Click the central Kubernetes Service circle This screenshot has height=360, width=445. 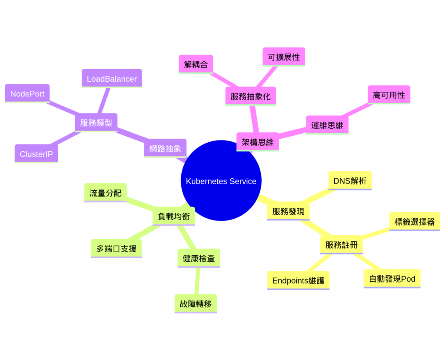click(x=221, y=180)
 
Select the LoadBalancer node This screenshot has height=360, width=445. click(x=112, y=79)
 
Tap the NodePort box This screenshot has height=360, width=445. click(x=27, y=93)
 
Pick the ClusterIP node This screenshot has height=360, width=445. click(x=36, y=154)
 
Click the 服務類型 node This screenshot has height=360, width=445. click(x=96, y=123)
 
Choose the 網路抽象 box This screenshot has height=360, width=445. click(x=165, y=148)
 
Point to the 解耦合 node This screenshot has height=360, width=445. click(x=196, y=64)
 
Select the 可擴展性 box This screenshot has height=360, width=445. click(x=284, y=57)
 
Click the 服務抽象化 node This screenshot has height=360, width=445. click(x=250, y=97)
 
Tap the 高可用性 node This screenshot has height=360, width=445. click(x=389, y=95)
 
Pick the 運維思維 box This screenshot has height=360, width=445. click(x=327, y=125)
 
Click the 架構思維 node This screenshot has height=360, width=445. click(x=257, y=142)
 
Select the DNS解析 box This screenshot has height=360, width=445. click(x=350, y=180)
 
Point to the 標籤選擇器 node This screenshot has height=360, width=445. click(x=414, y=222)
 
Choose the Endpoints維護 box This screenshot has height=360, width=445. click(x=298, y=280)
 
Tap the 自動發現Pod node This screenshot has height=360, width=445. click(x=392, y=279)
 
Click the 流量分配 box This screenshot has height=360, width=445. click(x=105, y=193)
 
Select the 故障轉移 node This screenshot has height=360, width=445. click(x=196, y=303)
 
